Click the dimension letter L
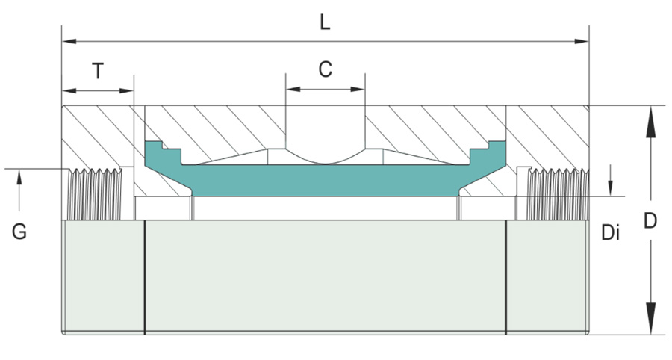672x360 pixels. (x=325, y=22)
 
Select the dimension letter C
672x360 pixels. (x=325, y=69)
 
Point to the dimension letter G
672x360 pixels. (x=19, y=232)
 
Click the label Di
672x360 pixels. (x=611, y=233)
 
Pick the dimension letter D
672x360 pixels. (x=651, y=221)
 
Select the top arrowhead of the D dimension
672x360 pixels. (x=651, y=114)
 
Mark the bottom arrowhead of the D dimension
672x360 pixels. (x=651, y=326)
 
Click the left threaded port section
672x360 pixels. (x=94, y=194)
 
